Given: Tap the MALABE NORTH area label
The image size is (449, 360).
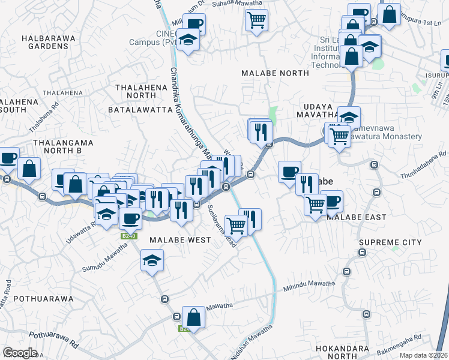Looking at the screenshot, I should [x=275, y=73].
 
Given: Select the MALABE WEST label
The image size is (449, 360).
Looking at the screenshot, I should [x=180, y=240].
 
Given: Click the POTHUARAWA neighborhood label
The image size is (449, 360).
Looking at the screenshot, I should [x=43, y=298].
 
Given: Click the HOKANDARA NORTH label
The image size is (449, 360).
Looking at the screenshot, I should [x=355, y=352].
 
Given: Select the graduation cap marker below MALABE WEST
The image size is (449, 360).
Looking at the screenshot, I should [x=152, y=260].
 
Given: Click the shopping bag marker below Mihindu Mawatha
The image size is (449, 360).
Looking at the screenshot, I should [x=193, y=316].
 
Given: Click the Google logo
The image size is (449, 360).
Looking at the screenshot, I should [x=20, y=352].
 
